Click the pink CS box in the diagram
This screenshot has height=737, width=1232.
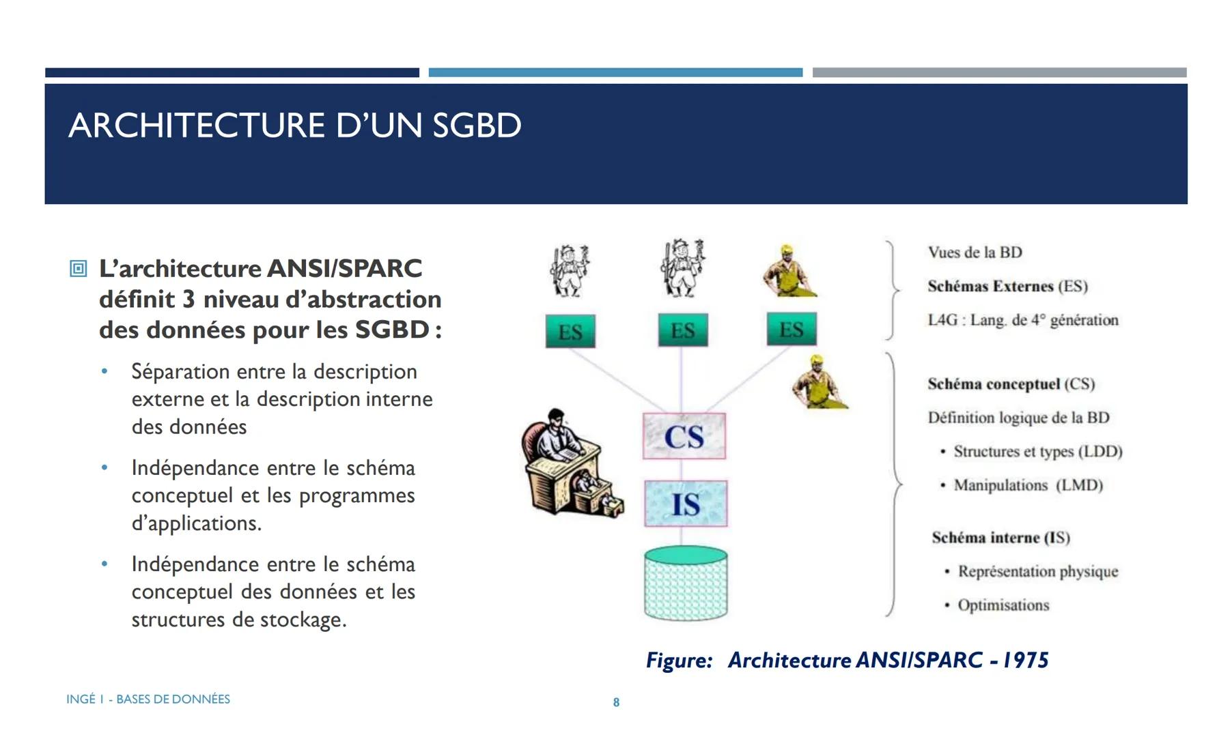point(684,436)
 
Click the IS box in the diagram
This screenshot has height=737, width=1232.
point(686,504)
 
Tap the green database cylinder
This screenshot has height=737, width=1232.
point(686,583)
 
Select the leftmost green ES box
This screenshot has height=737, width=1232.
point(570,332)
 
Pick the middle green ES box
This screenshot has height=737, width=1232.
point(682,330)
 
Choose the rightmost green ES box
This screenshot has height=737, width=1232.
point(791,330)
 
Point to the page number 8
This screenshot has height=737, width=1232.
point(616,702)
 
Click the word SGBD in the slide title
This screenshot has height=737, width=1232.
point(477,126)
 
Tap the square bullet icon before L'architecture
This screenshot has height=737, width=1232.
point(79,269)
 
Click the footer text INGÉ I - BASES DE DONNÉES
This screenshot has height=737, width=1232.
point(148,699)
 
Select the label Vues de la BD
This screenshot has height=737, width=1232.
point(975,252)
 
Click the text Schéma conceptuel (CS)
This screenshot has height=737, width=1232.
point(1011,384)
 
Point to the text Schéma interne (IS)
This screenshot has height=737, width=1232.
point(1000,538)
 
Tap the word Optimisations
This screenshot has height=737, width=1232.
point(1003,605)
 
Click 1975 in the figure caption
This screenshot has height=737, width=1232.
point(1025,660)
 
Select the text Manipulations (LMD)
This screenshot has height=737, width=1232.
point(1028,485)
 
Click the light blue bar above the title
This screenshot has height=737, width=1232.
point(615,72)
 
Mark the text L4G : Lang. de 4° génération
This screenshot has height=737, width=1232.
point(1022,320)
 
